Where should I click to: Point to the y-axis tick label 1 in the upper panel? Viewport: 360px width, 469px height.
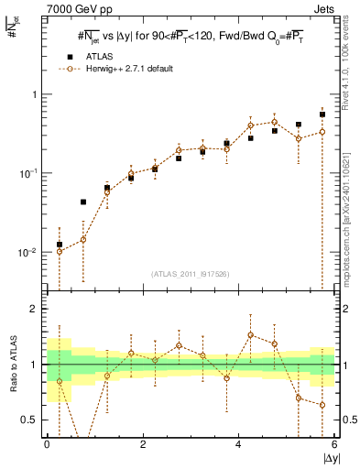point(36,94)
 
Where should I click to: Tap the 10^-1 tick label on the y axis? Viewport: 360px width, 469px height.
point(32,172)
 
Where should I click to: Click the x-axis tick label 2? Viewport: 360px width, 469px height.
point(143,443)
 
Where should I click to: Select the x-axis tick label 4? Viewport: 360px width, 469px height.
point(239,443)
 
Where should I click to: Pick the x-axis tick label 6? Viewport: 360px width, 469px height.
point(334,443)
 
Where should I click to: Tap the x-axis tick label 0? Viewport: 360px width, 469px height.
point(47,443)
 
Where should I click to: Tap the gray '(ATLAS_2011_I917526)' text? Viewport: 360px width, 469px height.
point(191,273)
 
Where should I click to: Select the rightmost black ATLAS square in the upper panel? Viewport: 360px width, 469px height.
point(322,115)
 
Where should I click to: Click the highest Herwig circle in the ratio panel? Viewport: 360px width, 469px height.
point(250,334)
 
